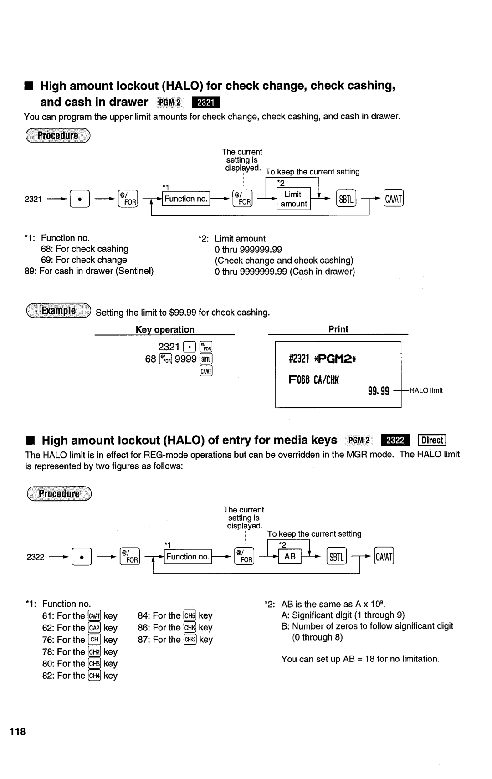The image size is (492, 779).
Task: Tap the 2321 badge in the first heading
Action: (206, 102)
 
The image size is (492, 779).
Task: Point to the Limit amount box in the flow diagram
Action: (293, 199)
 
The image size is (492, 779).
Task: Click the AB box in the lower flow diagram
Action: (290, 557)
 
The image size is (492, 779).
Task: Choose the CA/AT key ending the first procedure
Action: (394, 199)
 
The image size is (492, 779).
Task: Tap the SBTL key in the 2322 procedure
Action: (337, 557)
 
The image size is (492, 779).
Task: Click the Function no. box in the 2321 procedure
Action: (186, 199)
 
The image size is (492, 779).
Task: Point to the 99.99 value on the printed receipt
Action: (379, 390)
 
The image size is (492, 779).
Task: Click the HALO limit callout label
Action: (426, 391)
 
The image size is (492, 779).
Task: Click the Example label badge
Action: (58, 312)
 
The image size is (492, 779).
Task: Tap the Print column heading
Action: (338, 329)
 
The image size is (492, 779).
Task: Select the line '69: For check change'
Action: (84, 260)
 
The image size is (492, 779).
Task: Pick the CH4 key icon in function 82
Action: (94, 676)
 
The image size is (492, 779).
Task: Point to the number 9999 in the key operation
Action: (185, 359)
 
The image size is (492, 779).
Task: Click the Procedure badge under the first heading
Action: (58, 136)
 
